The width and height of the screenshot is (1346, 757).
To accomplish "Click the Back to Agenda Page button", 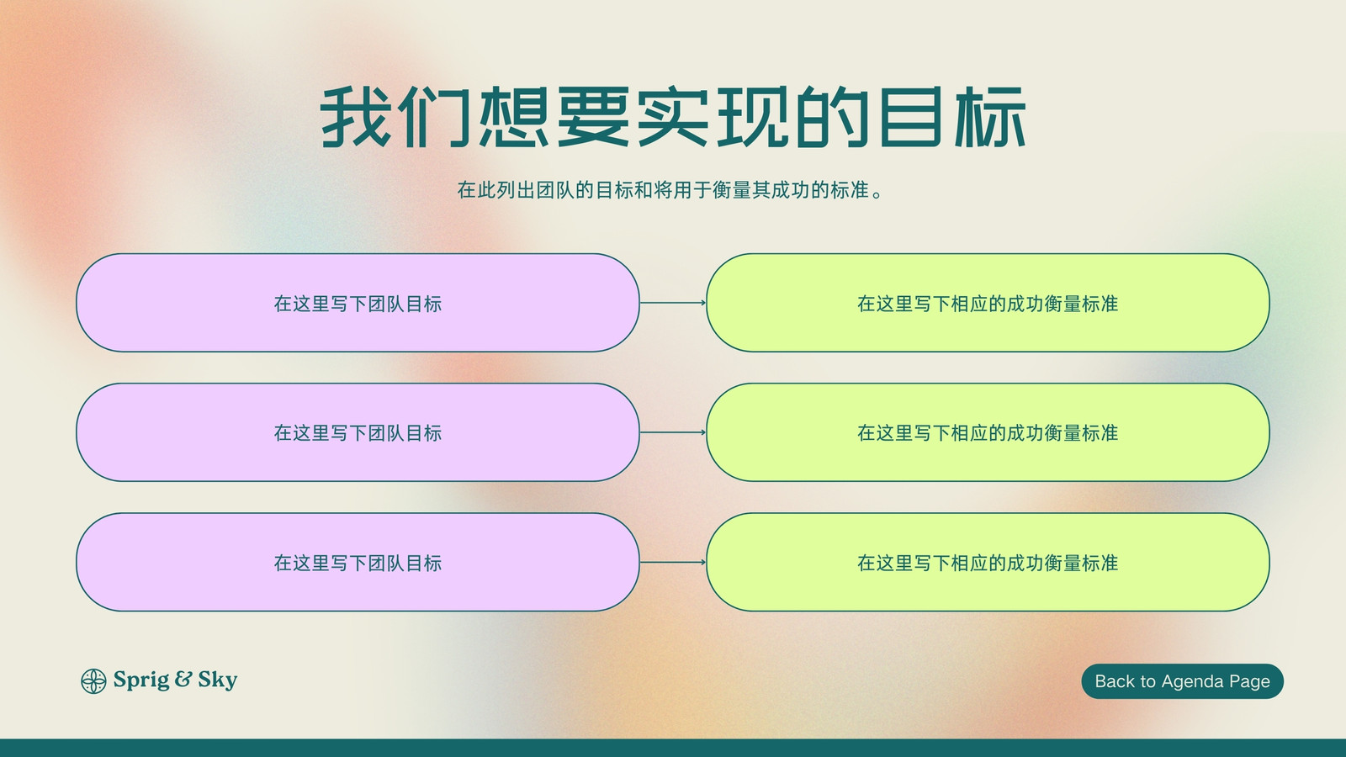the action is (1182, 680).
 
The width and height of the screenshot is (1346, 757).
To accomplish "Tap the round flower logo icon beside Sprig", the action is (93, 680).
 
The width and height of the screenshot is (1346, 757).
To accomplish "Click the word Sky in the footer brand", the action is (218, 680).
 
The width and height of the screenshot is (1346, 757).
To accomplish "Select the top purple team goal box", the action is (358, 303).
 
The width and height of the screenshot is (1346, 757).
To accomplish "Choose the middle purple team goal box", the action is (358, 432).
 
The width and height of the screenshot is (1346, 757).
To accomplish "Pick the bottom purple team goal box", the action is (358, 563).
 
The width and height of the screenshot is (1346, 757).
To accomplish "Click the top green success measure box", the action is (988, 303).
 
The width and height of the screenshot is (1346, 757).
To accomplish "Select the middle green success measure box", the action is (988, 432).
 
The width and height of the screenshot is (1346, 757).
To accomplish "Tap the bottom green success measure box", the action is (988, 563).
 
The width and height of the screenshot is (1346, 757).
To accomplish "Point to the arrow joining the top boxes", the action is (673, 303).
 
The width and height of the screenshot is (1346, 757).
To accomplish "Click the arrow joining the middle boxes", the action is (673, 432).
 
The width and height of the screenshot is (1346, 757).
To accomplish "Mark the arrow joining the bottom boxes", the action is (673, 563).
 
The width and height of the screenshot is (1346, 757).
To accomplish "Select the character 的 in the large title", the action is (833, 117).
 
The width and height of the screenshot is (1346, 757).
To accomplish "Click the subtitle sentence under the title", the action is (670, 190).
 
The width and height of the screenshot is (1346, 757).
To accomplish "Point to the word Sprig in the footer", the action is (141, 680).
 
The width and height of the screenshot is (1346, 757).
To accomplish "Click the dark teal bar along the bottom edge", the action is (673, 748).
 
